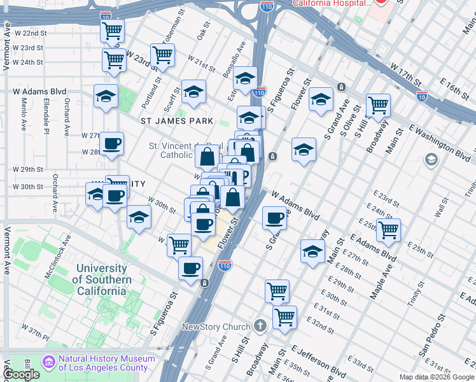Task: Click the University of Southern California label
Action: [101, 280]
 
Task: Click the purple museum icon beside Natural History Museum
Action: [48, 362]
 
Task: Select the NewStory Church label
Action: [216, 327]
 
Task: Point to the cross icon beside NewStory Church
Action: [259, 327]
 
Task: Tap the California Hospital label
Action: [332, 3]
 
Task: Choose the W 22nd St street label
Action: [30, 32]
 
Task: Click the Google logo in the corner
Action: [22, 374]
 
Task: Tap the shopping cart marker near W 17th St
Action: [378, 105]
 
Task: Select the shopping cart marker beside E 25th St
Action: [388, 230]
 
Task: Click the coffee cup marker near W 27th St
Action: [112, 144]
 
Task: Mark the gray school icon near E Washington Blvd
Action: [431, 159]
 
